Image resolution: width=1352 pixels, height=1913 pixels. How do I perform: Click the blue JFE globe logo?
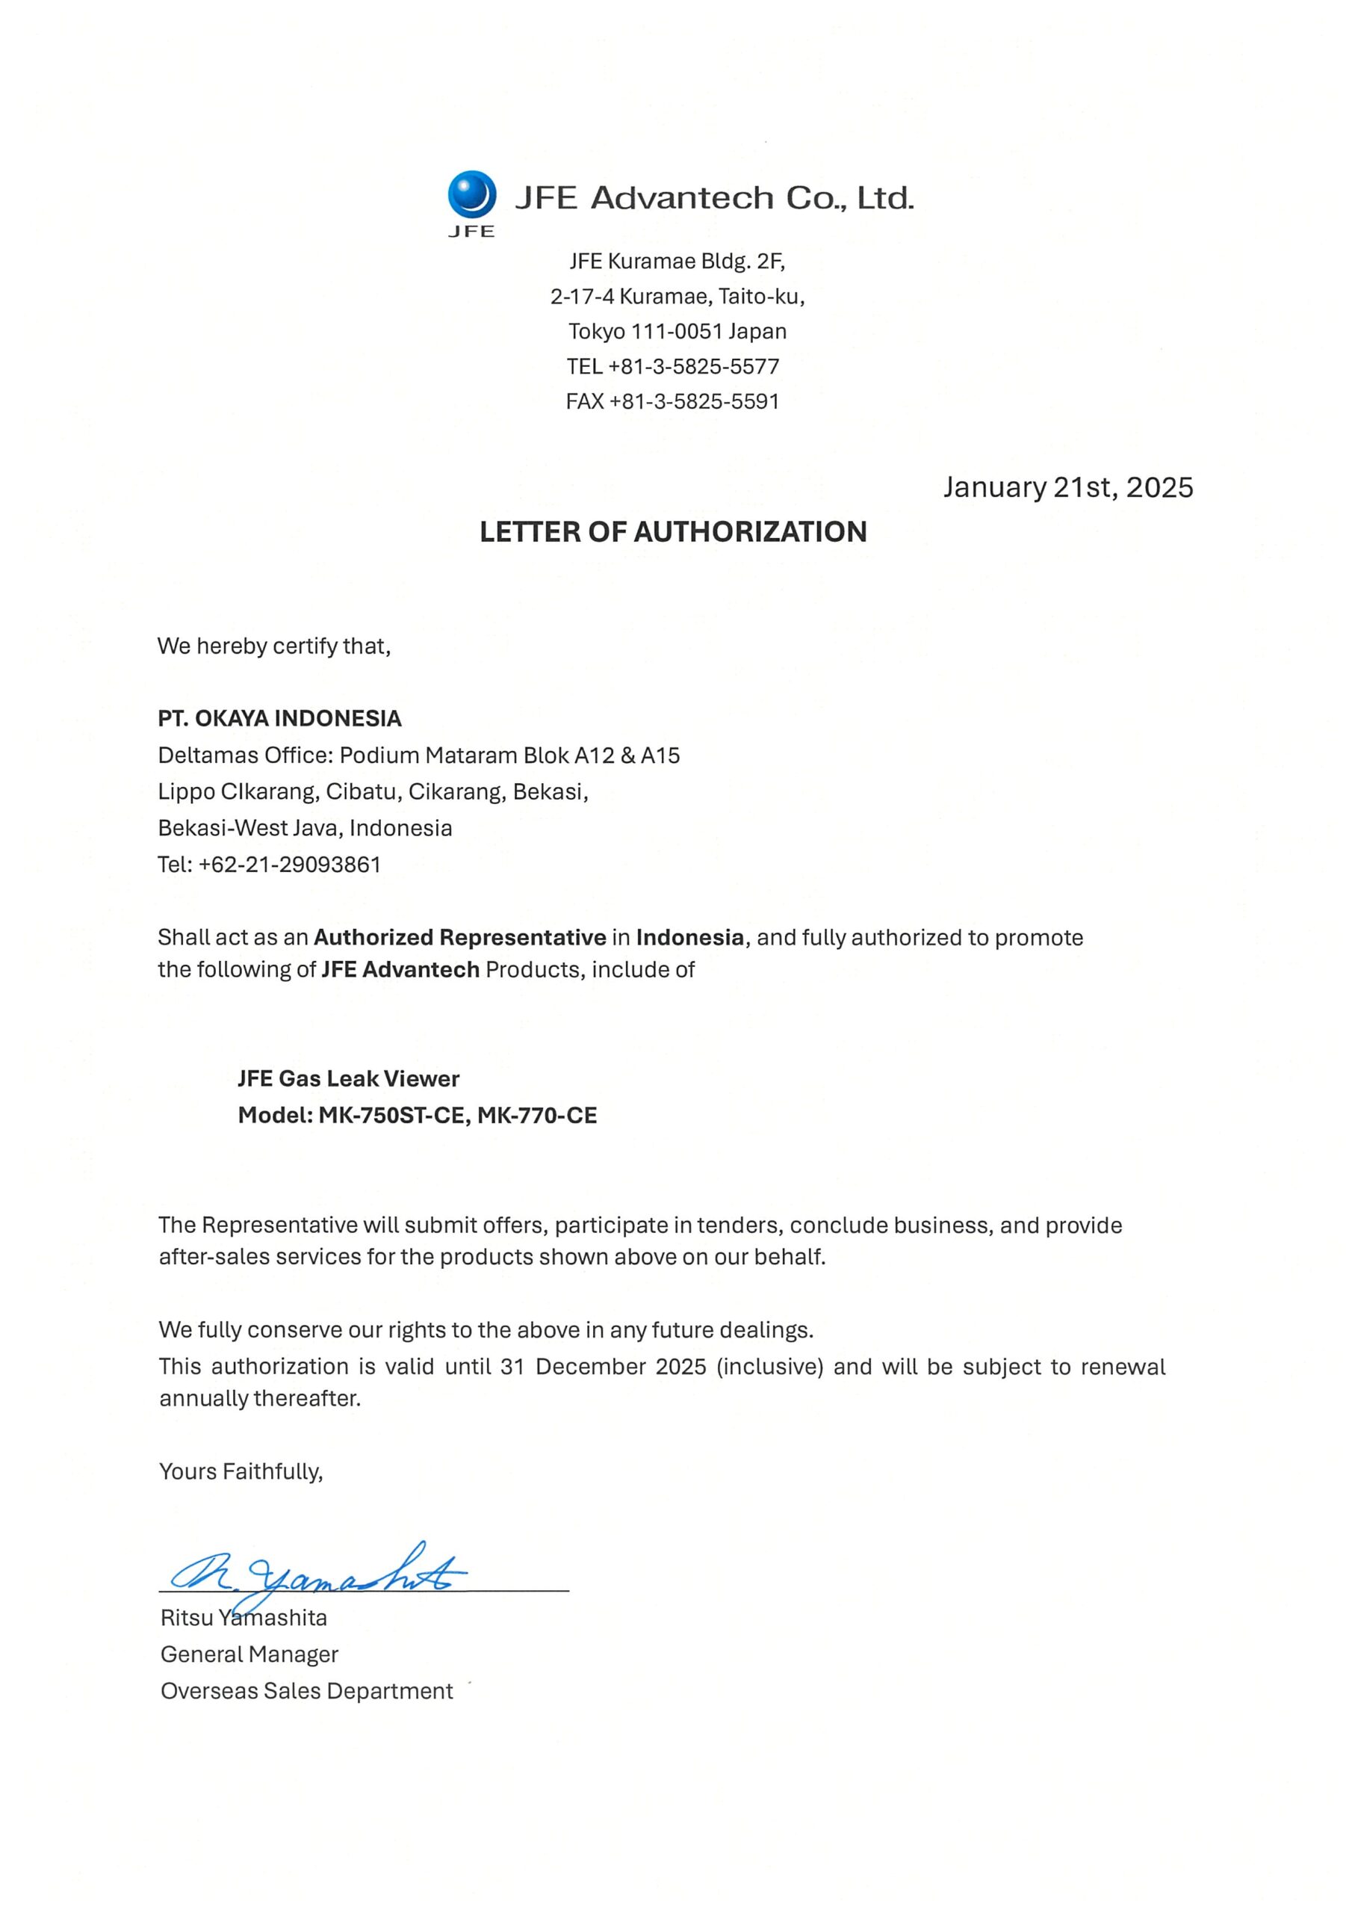[471, 194]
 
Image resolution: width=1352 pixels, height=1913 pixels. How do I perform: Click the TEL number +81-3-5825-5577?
[694, 367]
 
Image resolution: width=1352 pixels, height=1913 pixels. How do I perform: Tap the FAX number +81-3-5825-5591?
[694, 401]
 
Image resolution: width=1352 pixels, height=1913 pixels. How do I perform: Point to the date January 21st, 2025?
[1067, 487]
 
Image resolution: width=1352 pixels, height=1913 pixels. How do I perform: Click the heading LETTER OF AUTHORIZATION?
[673, 531]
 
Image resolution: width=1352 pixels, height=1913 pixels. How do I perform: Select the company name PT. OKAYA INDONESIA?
[280, 718]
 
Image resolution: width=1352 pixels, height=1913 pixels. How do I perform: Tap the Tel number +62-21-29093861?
[289, 865]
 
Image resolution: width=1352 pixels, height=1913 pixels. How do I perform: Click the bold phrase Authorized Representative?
[460, 937]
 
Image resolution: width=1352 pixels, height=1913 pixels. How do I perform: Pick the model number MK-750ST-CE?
[391, 1115]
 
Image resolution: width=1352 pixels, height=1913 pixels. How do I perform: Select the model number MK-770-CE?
[536, 1115]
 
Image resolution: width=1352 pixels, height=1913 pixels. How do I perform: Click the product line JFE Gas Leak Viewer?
[348, 1078]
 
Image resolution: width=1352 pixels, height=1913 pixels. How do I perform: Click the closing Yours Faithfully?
[241, 1471]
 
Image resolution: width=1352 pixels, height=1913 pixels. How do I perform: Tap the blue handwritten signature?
[317, 1574]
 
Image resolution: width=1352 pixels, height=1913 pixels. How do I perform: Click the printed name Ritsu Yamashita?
[244, 1618]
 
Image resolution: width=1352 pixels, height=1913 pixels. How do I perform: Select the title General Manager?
[249, 1654]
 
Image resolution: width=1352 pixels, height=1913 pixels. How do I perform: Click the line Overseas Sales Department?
[306, 1691]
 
